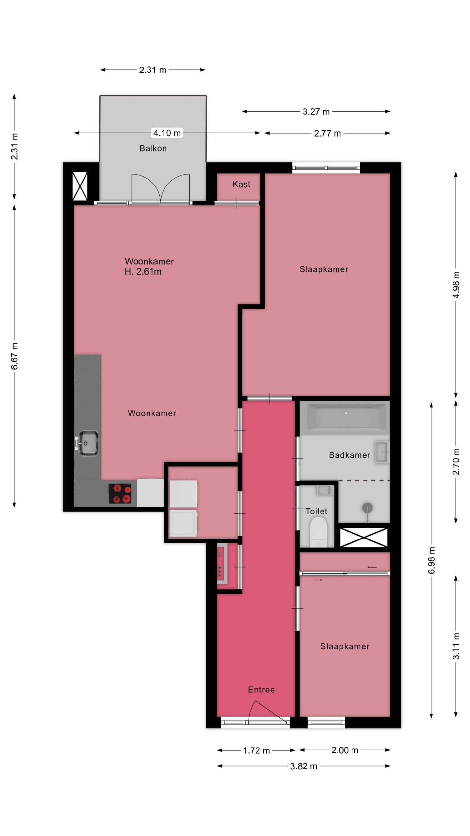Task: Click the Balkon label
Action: pos(153,148)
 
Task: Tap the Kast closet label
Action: pos(241,184)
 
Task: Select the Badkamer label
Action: pos(350,455)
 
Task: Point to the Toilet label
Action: pos(316,511)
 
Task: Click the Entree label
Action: pos(261,690)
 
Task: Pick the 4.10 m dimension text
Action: pos(167,133)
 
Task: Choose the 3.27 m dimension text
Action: pos(316,112)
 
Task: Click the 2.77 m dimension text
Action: pos(327,133)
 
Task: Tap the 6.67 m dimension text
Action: pos(14,356)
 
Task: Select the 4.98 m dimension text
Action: pos(456,285)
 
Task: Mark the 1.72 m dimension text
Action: pos(256,750)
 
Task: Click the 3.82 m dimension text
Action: pos(304,766)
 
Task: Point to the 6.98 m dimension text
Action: pos(431,560)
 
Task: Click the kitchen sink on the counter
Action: pos(87,443)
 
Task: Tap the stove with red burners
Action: pos(120,493)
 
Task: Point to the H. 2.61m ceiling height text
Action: pos(143,272)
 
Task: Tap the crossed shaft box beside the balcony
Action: pos(80,186)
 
